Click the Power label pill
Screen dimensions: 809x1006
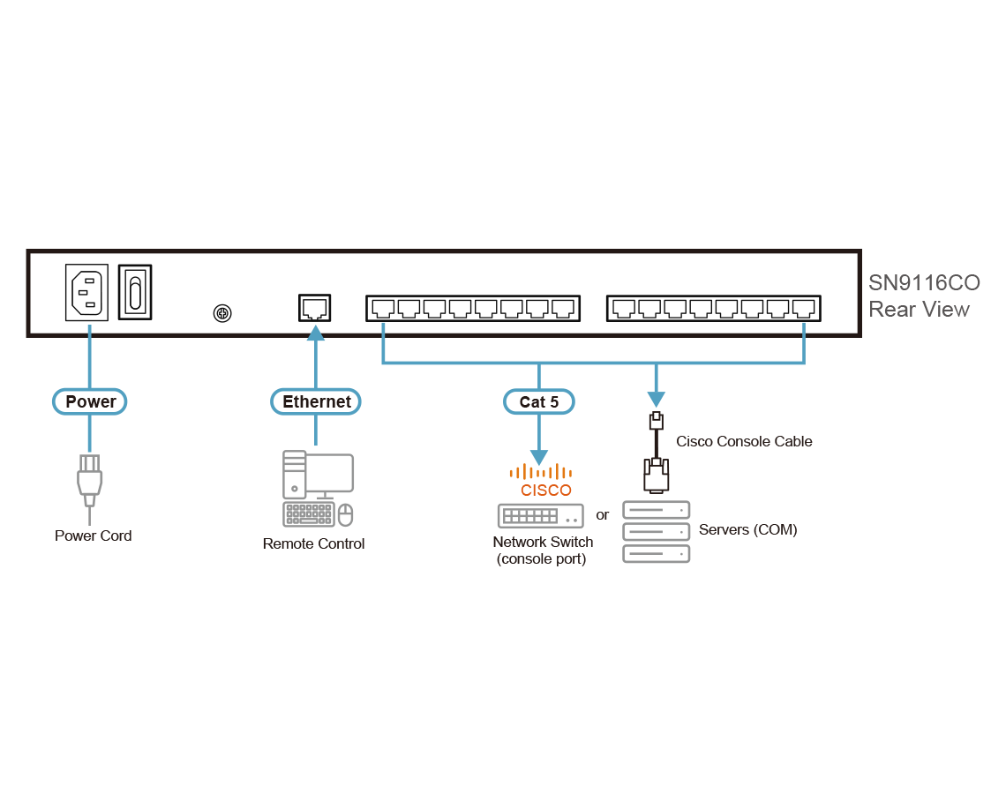90,401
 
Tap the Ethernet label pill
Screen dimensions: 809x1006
316,401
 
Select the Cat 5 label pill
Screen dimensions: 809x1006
538,401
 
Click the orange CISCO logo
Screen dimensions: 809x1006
540,482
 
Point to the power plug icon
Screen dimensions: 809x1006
88,481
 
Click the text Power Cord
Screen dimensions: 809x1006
93,536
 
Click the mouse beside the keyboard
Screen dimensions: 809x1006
346,513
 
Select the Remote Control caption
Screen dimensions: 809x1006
313,543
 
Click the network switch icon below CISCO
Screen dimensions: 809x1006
540,515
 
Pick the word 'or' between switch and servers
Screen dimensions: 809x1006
603,515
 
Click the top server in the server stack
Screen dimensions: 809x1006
656,510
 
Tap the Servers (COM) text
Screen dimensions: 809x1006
747,530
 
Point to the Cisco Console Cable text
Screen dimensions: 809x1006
743,441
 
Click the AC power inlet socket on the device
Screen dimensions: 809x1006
87,292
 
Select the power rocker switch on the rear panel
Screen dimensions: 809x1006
135,292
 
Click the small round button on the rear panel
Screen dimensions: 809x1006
222,312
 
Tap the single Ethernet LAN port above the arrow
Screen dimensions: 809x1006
315,308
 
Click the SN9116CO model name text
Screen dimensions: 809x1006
923,283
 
